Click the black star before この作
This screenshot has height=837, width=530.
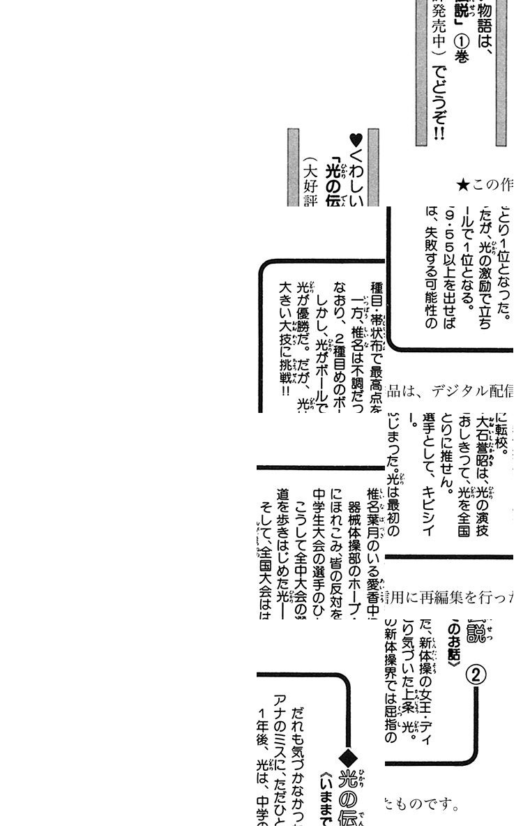click(x=462, y=185)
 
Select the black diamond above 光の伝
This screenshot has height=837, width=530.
click(x=347, y=758)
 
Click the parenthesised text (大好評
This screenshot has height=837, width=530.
click(x=311, y=183)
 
